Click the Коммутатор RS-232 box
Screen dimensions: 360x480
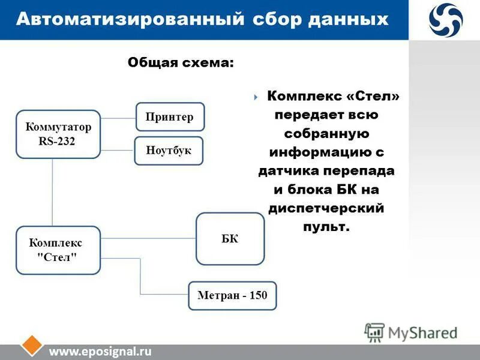pos(58,134)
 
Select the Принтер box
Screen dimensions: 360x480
pos(170,117)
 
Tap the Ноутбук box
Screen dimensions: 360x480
pos(169,151)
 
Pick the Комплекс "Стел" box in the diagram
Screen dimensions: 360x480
pos(58,250)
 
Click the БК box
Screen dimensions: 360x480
pos(230,239)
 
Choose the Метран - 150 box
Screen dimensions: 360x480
pos(232,295)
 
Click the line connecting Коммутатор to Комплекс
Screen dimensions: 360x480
pos(52,192)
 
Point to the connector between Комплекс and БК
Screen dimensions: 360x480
pos(148,238)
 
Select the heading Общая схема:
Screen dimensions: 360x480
pos(181,62)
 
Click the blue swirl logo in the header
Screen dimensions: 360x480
pos(445,19)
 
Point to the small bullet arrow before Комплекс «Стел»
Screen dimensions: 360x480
pos(256,97)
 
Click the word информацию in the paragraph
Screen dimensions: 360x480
pos(322,152)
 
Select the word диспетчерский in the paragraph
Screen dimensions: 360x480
pos(326,208)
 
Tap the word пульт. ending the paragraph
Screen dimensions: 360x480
pos(326,227)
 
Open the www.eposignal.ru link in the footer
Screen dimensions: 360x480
pos(100,352)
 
